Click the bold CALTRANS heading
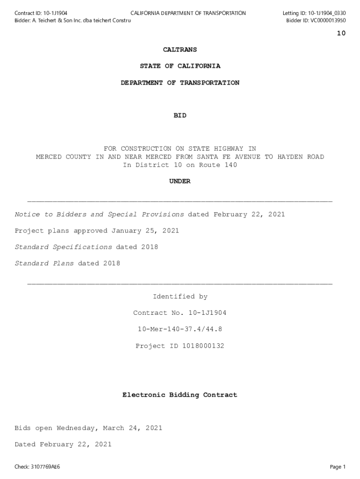click(x=180, y=50)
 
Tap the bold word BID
click(x=180, y=116)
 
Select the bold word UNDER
click(x=180, y=181)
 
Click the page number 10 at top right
click(x=341, y=33)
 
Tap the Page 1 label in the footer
click(x=338, y=467)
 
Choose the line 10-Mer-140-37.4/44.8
click(x=180, y=329)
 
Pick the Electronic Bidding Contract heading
click(x=180, y=395)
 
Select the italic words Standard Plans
click(x=44, y=264)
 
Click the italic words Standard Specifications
click(x=63, y=247)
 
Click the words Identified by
click(x=180, y=297)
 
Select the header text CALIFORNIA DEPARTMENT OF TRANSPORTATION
click(x=188, y=13)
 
